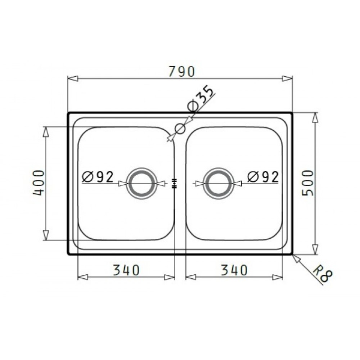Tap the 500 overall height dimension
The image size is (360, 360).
pyautogui.click(x=307, y=183)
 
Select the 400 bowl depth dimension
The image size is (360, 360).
pyautogui.click(x=39, y=183)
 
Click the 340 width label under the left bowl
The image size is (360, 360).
pyautogui.click(x=126, y=270)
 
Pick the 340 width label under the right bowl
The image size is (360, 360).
pyautogui.click(x=234, y=270)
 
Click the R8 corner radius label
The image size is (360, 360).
pyautogui.click(x=322, y=274)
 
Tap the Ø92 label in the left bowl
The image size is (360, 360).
pyautogui.click(x=98, y=177)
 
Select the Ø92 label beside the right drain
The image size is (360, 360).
pyautogui.click(x=263, y=177)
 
